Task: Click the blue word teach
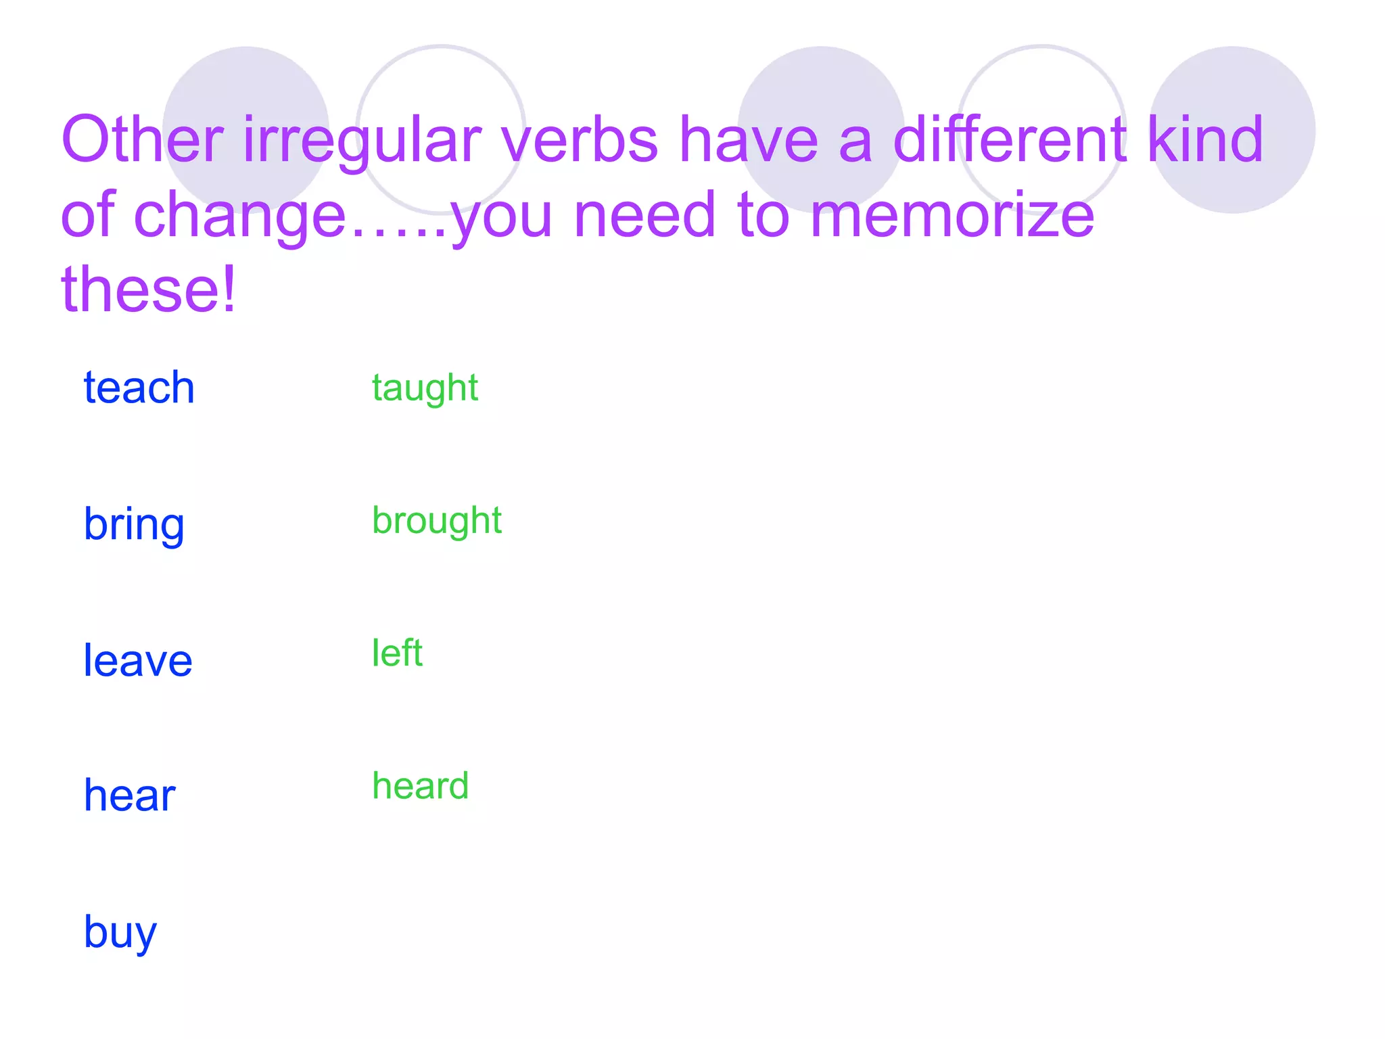click(x=139, y=388)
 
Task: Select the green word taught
click(x=425, y=388)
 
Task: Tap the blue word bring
click(x=134, y=525)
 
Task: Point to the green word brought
click(x=437, y=521)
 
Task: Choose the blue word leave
click(x=138, y=661)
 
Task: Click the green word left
click(x=397, y=653)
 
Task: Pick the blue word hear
click(x=129, y=795)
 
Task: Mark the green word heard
click(x=420, y=786)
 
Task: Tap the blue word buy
click(x=120, y=933)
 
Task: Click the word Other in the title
click(x=142, y=140)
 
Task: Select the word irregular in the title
click(x=362, y=140)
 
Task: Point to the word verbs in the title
click(x=580, y=140)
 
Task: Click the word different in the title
click(x=1010, y=140)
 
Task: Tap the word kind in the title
click(x=1205, y=140)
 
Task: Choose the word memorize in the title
click(x=952, y=215)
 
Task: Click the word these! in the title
click(x=149, y=290)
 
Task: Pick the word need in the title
click(x=644, y=215)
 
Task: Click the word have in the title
click(x=749, y=140)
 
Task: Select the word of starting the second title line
click(x=88, y=215)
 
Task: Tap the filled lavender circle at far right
click(x=1232, y=130)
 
